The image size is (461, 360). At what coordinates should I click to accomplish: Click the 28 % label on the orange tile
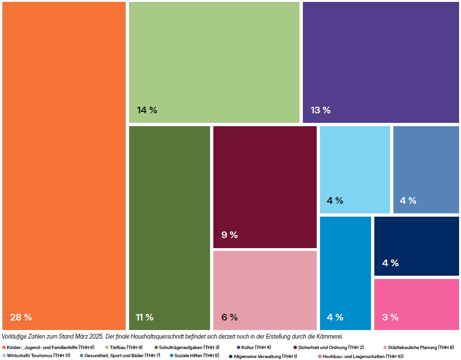click(x=21, y=317)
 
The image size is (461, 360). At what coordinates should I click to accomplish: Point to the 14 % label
click(x=147, y=110)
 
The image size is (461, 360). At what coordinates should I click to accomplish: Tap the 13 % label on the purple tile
click(x=321, y=110)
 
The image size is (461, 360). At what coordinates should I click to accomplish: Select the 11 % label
click(x=145, y=317)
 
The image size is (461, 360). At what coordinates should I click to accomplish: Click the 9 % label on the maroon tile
click(x=230, y=235)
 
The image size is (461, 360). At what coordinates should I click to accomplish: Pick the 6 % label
click(x=230, y=317)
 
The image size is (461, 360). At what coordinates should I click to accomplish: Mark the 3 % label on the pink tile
click(x=391, y=317)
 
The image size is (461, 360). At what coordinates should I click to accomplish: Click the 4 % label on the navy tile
click(x=391, y=263)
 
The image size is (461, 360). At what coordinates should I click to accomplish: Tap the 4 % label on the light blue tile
click(x=335, y=200)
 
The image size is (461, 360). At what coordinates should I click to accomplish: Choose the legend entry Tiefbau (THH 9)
click(x=126, y=347)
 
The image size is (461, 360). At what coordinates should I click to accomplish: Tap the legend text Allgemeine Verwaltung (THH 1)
click(x=265, y=356)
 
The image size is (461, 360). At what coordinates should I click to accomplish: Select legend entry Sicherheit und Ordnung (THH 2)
click(x=331, y=347)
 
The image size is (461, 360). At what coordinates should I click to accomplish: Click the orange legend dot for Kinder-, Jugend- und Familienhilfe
click(x=4, y=347)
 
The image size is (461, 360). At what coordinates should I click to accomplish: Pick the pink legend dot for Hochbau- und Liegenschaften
click(x=320, y=356)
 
